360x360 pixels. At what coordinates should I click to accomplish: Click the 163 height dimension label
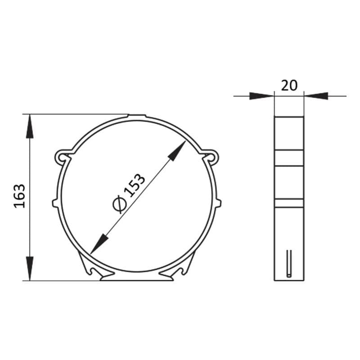[x=20, y=196]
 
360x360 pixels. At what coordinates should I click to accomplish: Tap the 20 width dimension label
[x=289, y=85]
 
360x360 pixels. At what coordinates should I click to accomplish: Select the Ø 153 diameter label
[x=129, y=193]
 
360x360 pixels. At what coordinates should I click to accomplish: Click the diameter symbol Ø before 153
[x=120, y=204]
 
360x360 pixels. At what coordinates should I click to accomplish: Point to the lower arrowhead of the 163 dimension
[x=30, y=268]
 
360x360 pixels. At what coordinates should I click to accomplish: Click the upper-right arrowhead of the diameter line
[x=177, y=150]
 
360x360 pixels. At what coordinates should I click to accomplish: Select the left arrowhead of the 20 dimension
[x=262, y=96]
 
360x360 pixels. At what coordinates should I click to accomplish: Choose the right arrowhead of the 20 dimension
[x=316, y=96]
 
